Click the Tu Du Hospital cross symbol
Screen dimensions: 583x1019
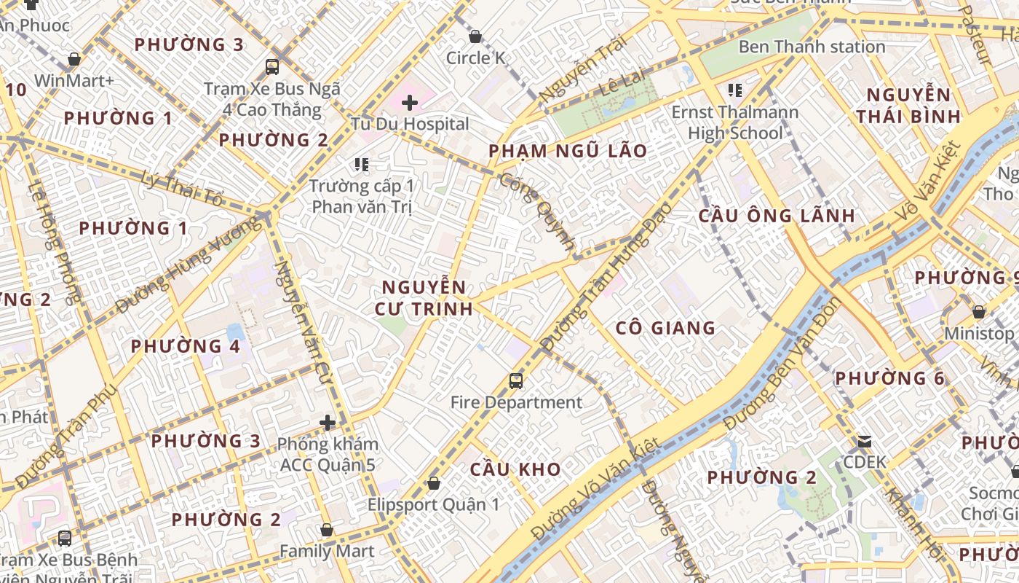click(410, 103)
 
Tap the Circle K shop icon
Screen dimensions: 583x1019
click(475, 36)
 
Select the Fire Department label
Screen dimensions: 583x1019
click(516, 402)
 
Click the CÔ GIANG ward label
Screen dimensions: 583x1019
click(665, 328)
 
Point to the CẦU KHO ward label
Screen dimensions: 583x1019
click(515, 469)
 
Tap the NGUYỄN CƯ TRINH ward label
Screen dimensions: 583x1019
click(424, 298)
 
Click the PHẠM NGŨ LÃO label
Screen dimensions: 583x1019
click(567, 151)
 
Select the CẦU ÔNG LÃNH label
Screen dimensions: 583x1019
click(777, 216)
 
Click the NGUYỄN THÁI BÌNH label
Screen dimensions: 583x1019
click(908, 106)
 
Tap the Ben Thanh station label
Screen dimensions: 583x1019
click(812, 47)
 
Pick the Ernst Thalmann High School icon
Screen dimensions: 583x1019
click(734, 90)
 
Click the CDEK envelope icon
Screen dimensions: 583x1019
click(865, 441)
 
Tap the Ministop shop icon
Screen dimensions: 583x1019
click(979, 312)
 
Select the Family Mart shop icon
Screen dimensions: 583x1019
click(327, 530)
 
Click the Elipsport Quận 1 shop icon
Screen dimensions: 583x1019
click(434, 483)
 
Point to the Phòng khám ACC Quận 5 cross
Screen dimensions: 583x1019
click(328, 422)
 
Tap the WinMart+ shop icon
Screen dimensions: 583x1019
click(74, 59)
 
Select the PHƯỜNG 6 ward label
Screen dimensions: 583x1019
click(889, 378)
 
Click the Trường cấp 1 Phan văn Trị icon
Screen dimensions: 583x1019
click(362, 165)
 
